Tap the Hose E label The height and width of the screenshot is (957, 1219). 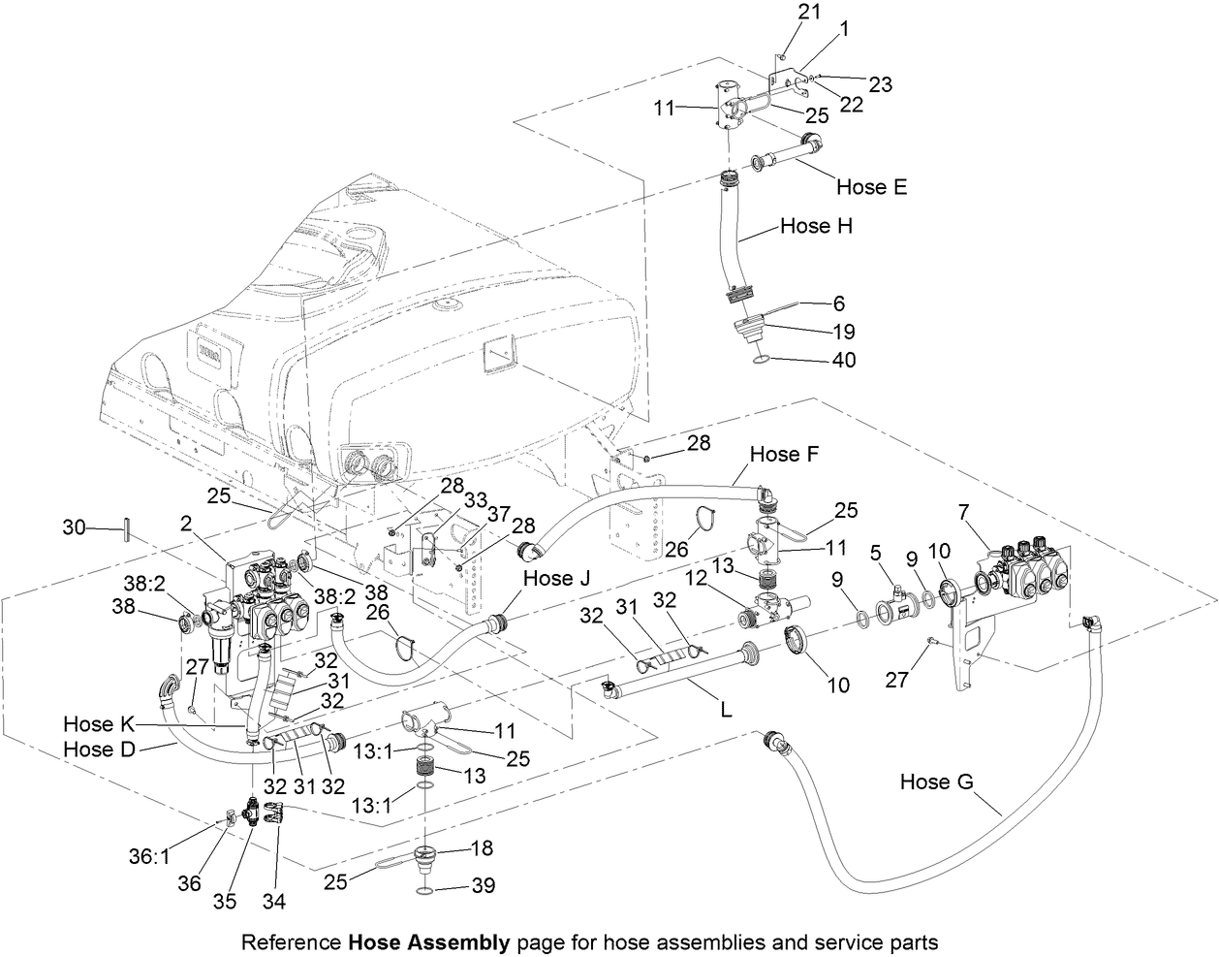coord(872,186)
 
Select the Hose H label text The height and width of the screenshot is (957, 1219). coord(817,226)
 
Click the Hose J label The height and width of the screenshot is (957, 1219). coord(558,578)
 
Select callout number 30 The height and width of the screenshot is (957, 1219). coord(74,528)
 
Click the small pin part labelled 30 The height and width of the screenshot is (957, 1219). coord(127,531)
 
